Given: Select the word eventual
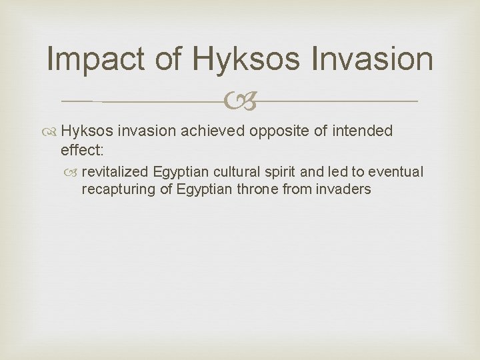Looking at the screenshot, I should pyautogui.click(x=397, y=172).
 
